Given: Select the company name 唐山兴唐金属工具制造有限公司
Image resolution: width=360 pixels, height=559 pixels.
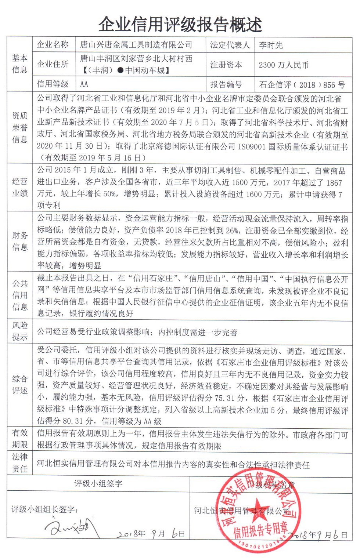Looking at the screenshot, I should [136, 45].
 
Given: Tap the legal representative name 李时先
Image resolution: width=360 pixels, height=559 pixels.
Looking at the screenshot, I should [271, 45].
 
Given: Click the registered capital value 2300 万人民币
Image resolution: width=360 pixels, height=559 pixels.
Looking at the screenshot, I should [284, 65].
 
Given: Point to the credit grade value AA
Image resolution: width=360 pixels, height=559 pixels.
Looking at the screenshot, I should [84, 84].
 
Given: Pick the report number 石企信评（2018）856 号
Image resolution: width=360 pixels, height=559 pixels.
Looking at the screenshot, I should [302, 85].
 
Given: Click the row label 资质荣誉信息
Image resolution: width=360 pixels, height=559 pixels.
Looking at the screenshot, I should [20, 127].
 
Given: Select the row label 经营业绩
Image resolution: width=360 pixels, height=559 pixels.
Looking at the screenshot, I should [20, 187].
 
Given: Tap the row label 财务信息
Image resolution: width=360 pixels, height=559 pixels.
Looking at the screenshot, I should [20, 241].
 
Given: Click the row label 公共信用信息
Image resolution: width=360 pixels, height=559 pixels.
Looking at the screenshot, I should [20, 295].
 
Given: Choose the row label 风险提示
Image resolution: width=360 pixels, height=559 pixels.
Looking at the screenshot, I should [20, 331].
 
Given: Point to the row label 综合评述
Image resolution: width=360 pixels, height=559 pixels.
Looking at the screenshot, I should [20, 385].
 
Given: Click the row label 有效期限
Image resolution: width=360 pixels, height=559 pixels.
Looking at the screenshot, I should [20, 439].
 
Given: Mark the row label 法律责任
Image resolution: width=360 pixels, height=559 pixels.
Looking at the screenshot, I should [20, 463].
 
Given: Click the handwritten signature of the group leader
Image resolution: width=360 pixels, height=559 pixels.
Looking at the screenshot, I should [72, 527].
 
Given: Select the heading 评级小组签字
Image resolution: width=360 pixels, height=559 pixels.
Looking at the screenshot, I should [98, 483].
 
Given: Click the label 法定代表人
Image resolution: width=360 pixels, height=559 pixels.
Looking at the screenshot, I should [230, 45].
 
